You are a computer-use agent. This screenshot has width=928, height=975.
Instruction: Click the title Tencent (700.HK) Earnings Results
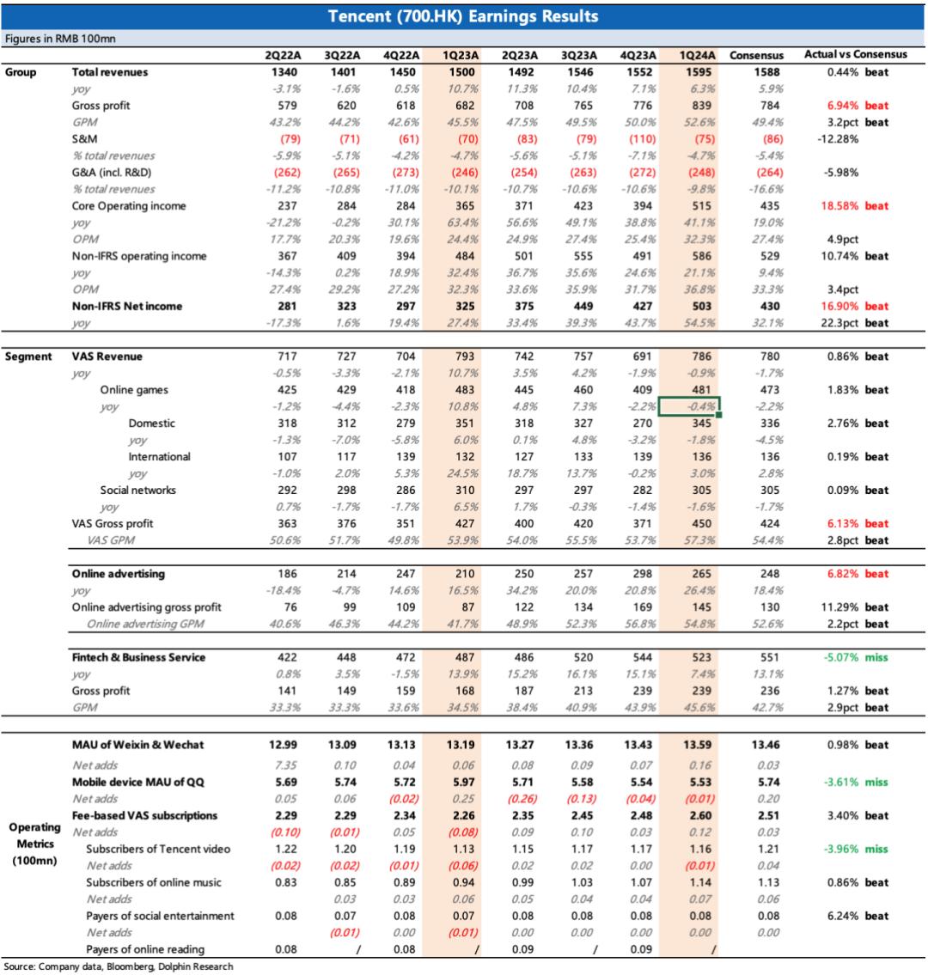click(464, 17)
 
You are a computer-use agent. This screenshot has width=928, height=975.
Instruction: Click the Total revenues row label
click(110, 72)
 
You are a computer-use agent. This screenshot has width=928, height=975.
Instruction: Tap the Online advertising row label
click(118, 574)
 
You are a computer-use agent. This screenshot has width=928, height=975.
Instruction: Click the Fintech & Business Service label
click(139, 658)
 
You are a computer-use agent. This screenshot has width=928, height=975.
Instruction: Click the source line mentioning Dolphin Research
click(118, 966)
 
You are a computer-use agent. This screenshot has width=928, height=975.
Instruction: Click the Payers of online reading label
click(145, 949)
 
